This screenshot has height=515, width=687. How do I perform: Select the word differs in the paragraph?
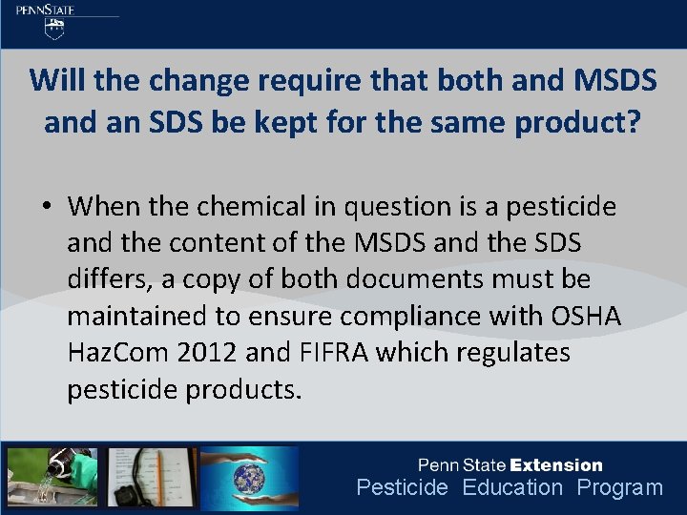pyautogui.click(x=107, y=279)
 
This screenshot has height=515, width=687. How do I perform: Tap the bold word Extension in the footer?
pyautogui.click(x=556, y=465)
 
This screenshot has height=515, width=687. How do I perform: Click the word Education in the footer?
pyautogui.click(x=512, y=487)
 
